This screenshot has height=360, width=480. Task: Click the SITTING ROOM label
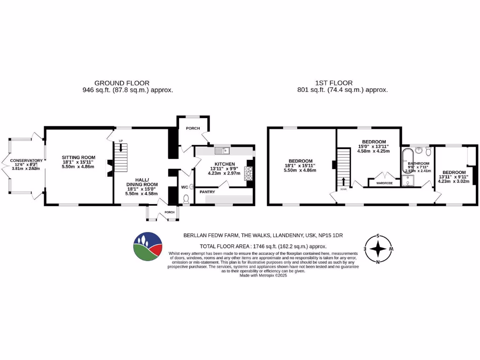79,157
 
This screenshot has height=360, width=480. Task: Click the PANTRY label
207,192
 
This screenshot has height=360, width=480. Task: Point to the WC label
185,187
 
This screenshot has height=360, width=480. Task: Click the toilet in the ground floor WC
186,199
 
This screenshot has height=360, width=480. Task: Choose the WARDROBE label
383,184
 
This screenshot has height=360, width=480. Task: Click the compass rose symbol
378,248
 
